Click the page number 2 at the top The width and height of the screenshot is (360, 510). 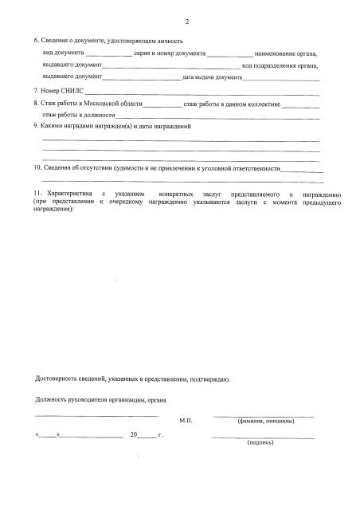(x=186, y=22)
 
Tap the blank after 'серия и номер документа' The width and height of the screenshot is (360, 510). (x=229, y=53)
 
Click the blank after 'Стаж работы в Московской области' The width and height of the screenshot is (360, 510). (x=163, y=104)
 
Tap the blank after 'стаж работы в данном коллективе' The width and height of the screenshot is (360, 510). (x=301, y=104)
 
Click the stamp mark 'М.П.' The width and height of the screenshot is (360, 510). (x=186, y=419)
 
